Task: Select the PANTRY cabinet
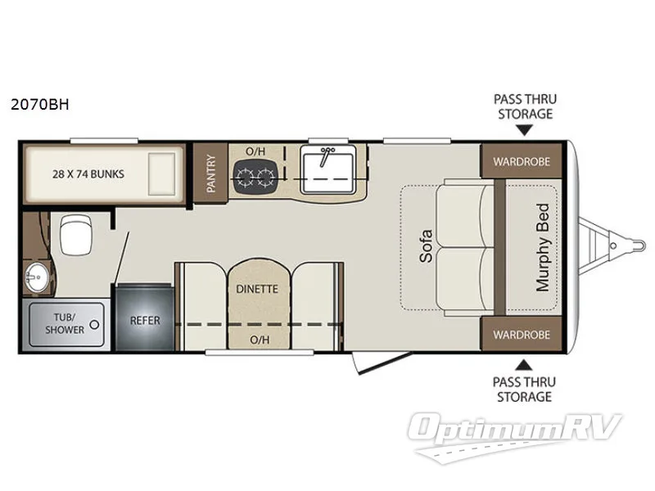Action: point(210,173)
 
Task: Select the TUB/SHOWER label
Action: point(70,324)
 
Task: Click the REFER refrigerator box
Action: point(145,320)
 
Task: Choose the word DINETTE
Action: point(257,289)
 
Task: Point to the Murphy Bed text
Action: point(541,246)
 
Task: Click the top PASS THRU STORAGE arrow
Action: point(525,128)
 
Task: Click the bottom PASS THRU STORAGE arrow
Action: point(525,364)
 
